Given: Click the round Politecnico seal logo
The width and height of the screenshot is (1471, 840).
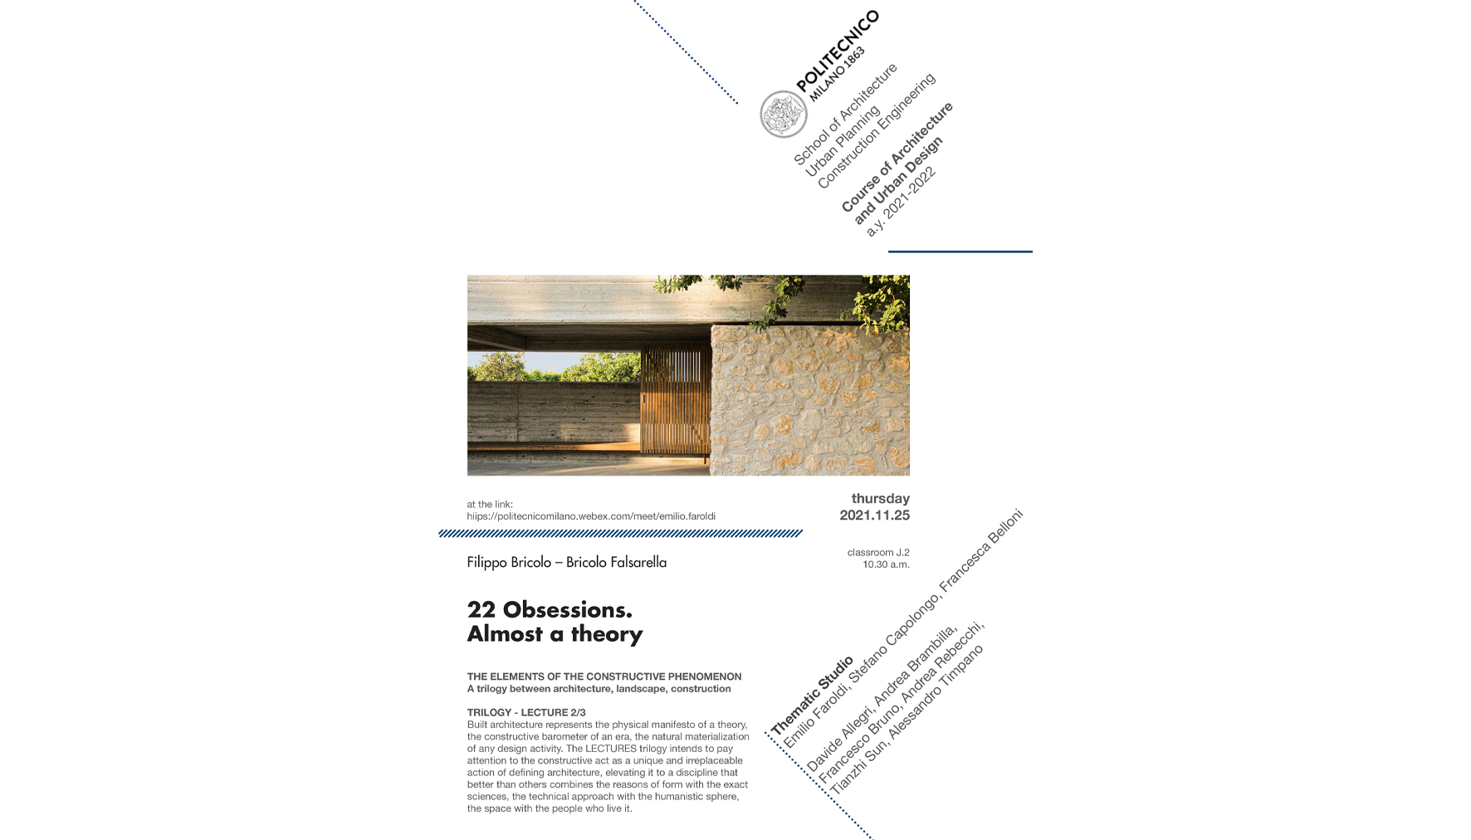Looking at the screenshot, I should point(783,114).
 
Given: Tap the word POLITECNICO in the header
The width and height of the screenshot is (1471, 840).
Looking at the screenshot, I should point(838,51).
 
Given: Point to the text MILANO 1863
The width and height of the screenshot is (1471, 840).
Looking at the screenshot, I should point(838,74).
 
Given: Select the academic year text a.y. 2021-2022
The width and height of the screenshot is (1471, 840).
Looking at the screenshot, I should point(901,202).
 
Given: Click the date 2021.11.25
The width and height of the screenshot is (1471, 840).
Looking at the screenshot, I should point(874,515).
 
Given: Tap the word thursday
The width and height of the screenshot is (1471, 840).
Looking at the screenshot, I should point(880,499).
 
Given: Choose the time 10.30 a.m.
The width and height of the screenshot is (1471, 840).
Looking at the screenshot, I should point(886,564).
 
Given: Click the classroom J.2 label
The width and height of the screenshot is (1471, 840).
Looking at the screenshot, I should point(878,553).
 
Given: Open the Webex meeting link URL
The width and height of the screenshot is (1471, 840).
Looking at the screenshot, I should point(590,516).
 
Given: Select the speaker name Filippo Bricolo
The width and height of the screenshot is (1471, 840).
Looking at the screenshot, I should point(509,563).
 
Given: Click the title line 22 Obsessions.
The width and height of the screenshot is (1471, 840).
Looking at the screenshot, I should point(550,610).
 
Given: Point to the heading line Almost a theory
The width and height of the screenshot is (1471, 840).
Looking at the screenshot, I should point(555,634).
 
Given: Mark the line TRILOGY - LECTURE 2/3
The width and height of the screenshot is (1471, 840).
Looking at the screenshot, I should point(526,712).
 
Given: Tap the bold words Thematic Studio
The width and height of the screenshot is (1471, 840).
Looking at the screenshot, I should point(812,696).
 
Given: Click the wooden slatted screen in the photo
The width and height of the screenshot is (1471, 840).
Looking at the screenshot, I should point(675,399).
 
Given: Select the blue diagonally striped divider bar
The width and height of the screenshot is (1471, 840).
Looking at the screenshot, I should point(620,534).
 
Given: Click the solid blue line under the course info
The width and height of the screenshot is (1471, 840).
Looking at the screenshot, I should point(960,252).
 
